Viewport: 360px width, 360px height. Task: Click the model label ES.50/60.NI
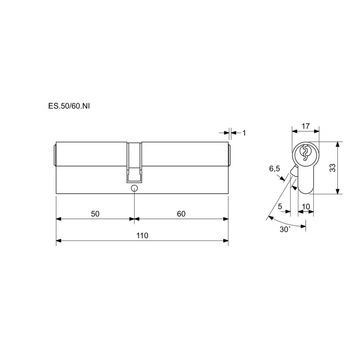69,106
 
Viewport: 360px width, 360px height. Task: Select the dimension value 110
142,236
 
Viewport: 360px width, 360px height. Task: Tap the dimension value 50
95,214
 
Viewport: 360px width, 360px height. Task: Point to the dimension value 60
181,214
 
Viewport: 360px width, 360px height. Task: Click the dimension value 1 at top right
244,133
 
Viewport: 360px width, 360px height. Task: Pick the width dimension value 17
305,126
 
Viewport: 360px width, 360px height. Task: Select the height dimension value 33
332,168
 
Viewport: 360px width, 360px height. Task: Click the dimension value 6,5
275,169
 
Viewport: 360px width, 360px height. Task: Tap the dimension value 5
280,206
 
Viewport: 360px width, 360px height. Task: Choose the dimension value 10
306,206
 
